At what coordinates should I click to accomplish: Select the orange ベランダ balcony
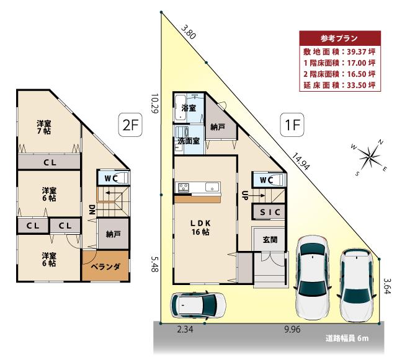click(x=105, y=266)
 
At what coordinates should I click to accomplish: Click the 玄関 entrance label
click(x=270, y=240)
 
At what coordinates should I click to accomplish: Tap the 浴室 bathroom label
click(x=189, y=108)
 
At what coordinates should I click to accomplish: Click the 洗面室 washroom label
click(x=188, y=141)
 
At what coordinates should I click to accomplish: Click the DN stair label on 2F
click(x=91, y=209)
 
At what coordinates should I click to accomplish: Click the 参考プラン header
click(x=338, y=38)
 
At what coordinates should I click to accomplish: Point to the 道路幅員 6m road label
click(x=347, y=338)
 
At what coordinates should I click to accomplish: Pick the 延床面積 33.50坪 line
click(x=339, y=84)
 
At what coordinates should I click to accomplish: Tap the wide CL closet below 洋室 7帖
click(x=48, y=163)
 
